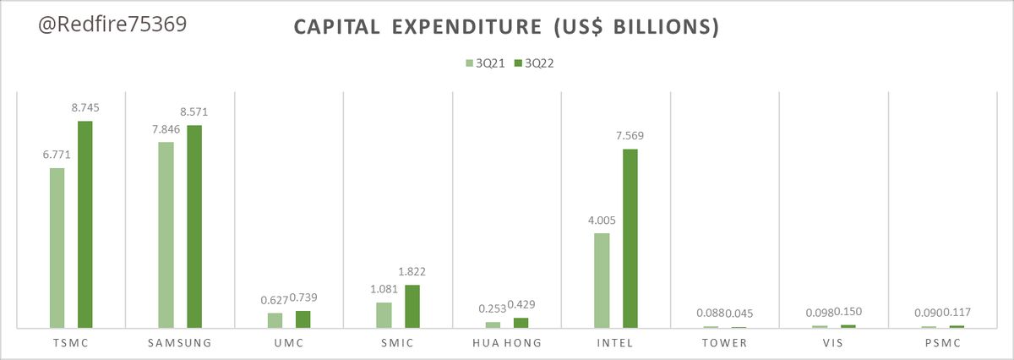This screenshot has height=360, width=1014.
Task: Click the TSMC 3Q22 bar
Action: coord(84,224)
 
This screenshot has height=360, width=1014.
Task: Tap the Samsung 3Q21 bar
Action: coord(166,234)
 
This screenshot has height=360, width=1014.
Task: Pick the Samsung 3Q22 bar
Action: coord(194,226)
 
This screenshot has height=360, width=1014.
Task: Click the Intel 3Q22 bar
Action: coord(630,237)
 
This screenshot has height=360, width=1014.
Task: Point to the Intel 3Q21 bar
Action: coord(602,280)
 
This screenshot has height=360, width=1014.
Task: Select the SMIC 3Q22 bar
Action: coord(412,306)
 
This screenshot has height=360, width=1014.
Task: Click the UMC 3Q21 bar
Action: coord(275,320)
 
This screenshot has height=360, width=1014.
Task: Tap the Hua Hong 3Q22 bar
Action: coord(521,323)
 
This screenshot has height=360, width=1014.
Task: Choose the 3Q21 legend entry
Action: coord(489,63)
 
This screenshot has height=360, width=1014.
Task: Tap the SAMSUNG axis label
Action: coord(179,343)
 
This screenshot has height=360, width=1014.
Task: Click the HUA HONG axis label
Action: coord(507,343)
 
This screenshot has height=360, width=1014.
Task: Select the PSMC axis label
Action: coord(943,343)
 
